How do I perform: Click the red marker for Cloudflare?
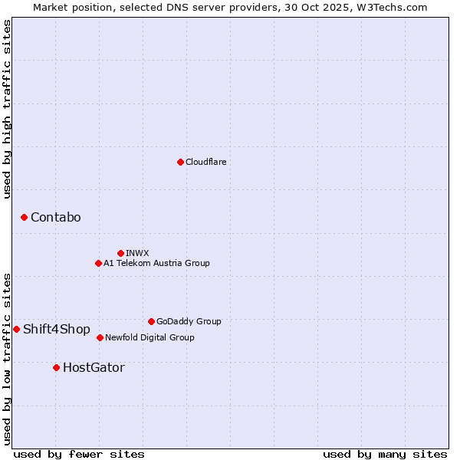point(180,162)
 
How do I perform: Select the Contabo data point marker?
point(24,218)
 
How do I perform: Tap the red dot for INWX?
point(120,253)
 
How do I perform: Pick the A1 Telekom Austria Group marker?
point(98,263)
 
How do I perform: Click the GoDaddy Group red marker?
point(151,321)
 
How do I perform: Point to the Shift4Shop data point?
point(16,329)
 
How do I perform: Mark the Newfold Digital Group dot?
point(100,337)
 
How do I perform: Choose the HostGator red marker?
point(56,368)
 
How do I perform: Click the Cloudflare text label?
point(206,162)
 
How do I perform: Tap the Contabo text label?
point(56,218)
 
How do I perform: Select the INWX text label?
point(137,253)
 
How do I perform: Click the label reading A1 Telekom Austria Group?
point(156,263)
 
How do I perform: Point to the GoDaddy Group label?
point(189,321)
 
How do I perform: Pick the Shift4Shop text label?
point(57,329)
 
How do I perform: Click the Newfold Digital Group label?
point(149,337)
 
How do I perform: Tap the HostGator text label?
point(94,368)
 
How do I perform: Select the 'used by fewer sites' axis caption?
point(79,454)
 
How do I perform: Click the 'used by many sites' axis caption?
point(385,454)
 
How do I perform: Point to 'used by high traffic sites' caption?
point(7,109)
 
